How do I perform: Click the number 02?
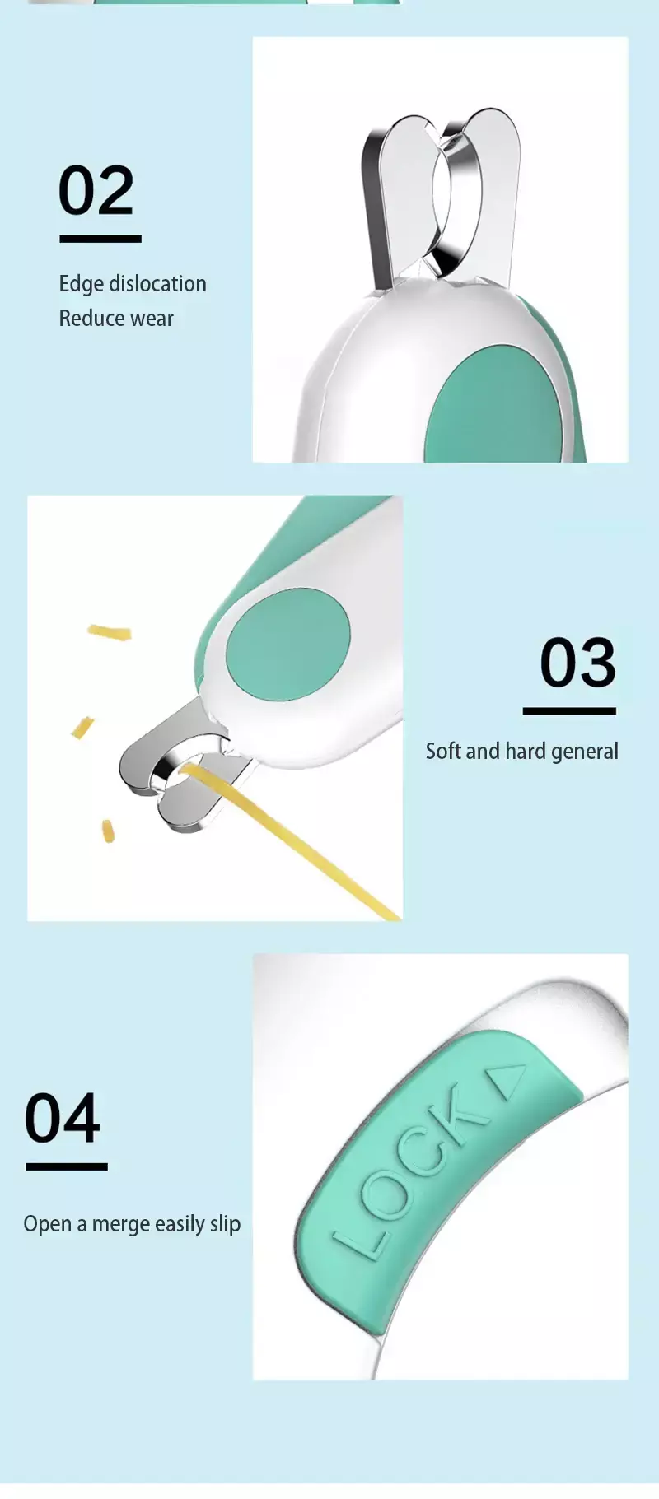[x=96, y=190]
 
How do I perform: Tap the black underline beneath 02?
[x=100, y=239]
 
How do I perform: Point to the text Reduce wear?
[x=116, y=319]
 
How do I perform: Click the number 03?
[x=577, y=663]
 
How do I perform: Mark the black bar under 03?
[x=569, y=711]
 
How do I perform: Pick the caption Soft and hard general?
[x=521, y=752]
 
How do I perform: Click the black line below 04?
[x=67, y=1166]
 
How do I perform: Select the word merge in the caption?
[x=120, y=1225]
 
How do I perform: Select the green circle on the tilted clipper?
[x=287, y=645]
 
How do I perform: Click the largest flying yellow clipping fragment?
[x=110, y=632]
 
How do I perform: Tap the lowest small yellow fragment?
[x=108, y=831]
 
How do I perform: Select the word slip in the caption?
[x=225, y=1225]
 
